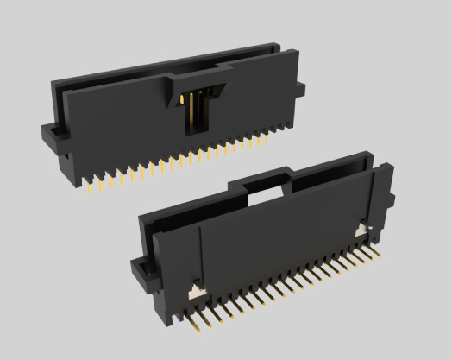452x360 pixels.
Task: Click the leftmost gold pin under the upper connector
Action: [x=91, y=184]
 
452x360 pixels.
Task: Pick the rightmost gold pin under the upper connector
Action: [x=282, y=129]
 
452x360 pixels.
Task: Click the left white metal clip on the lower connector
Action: [x=196, y=291]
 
